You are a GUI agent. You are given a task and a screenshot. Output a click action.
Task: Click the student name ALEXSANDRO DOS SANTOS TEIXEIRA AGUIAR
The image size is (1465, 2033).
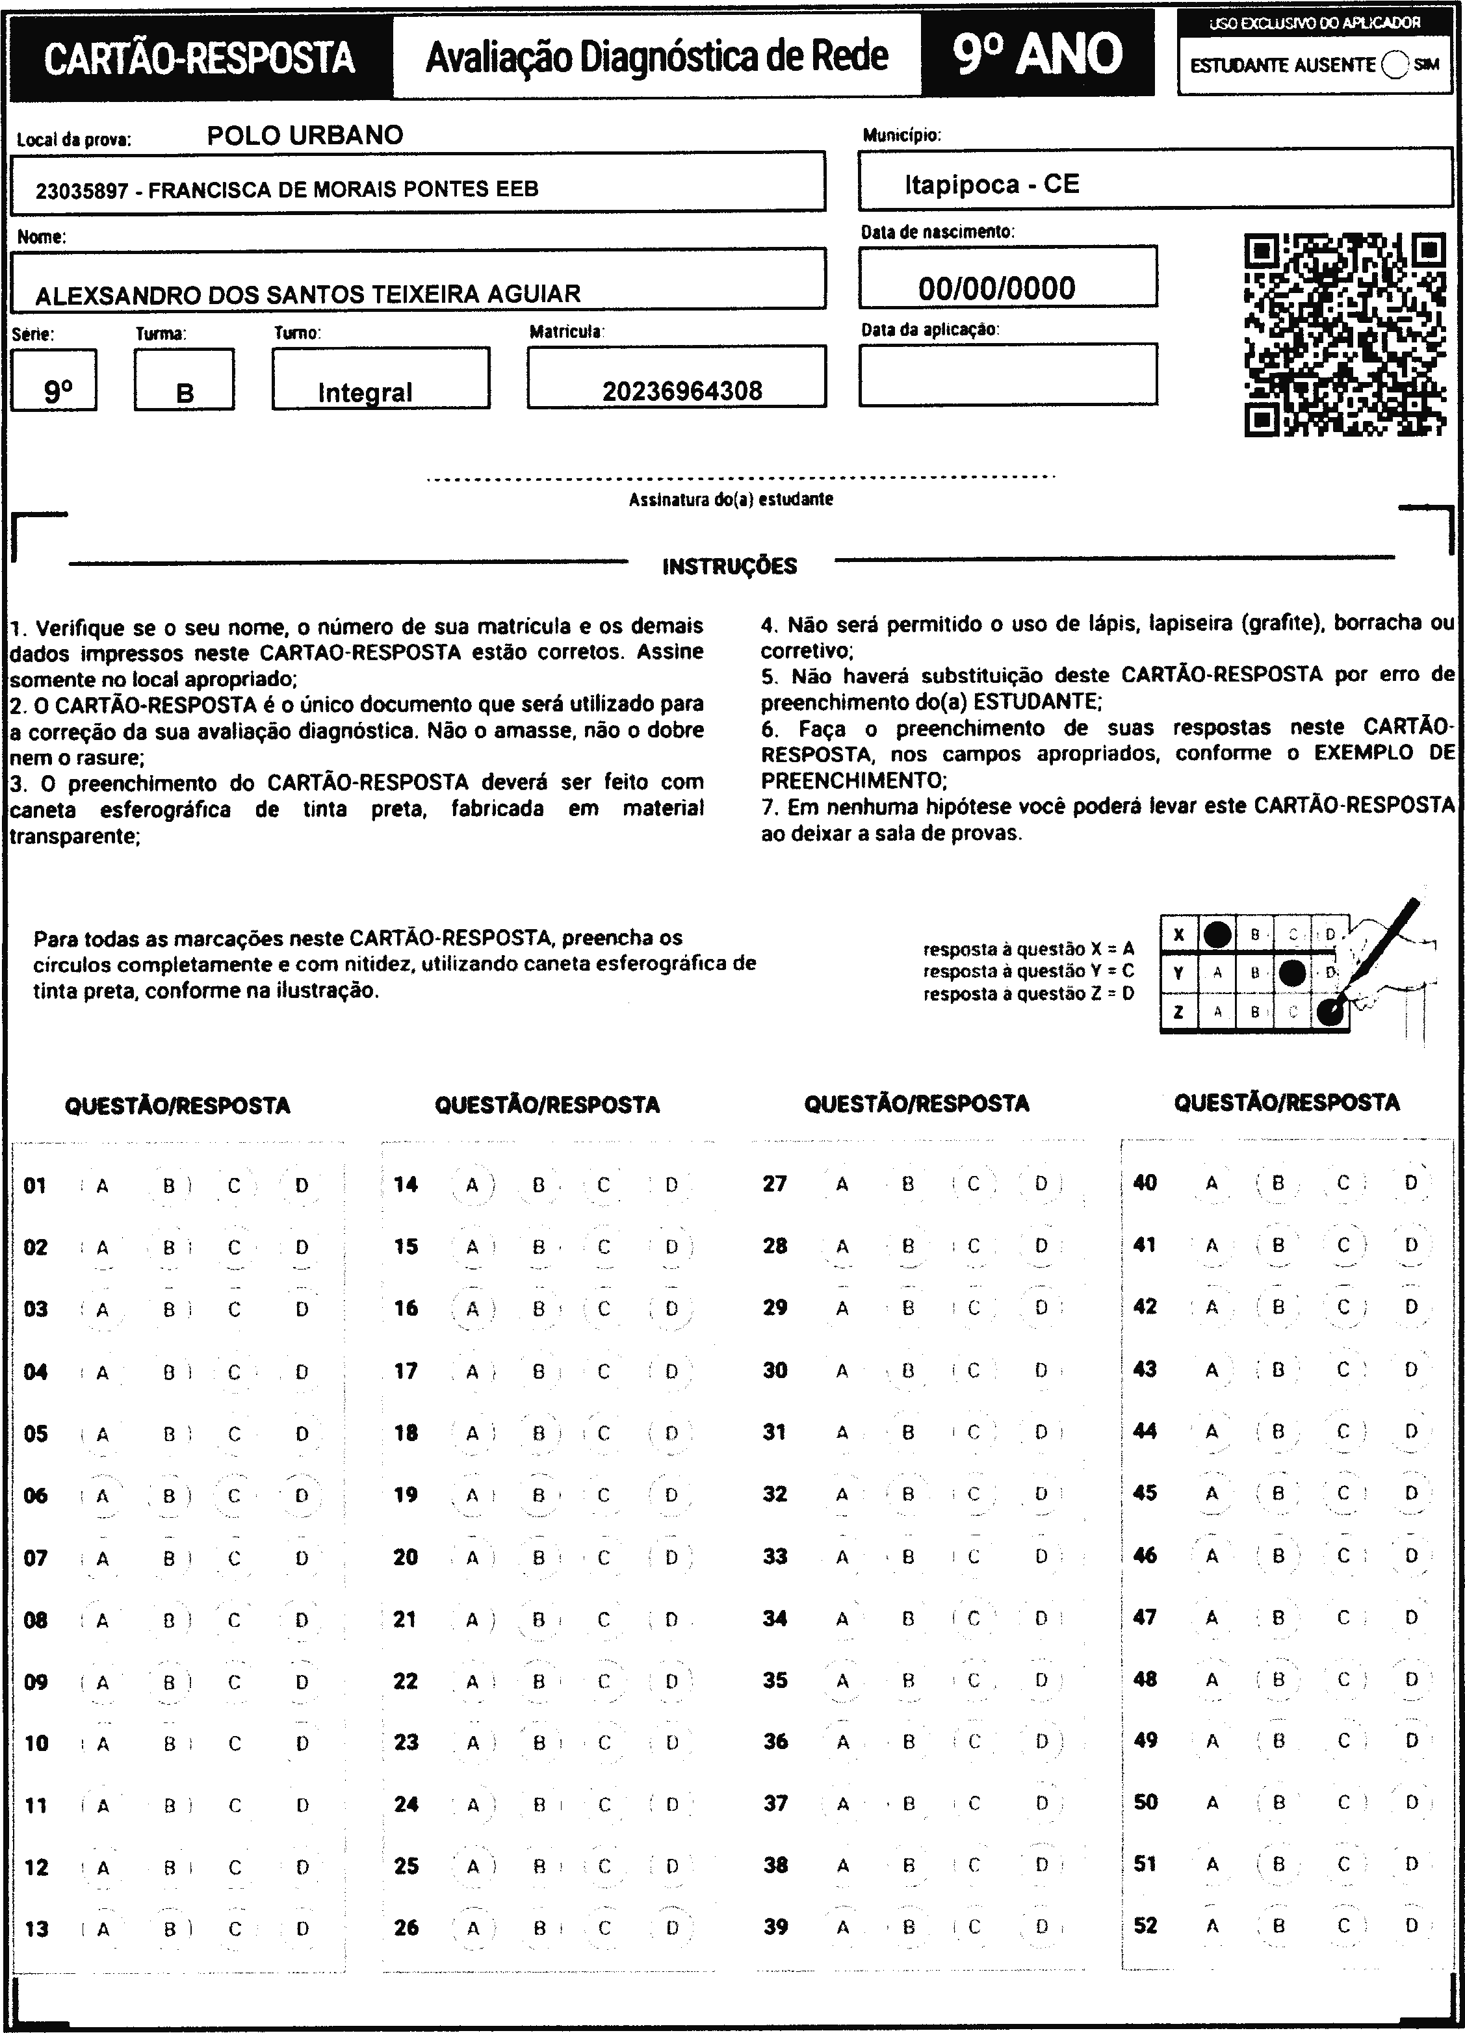pos(307,293)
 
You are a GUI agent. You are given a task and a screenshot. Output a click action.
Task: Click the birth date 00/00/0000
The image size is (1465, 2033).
pos(996,288)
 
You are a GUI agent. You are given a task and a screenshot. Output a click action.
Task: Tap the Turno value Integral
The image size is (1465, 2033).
pos(365,392)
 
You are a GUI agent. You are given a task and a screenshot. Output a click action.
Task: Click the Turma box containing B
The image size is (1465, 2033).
pos(185,392)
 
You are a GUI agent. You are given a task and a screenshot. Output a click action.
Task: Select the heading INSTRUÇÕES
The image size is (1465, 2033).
pos(729,566)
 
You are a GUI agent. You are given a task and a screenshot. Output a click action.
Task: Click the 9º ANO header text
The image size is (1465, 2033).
pos(1037,55)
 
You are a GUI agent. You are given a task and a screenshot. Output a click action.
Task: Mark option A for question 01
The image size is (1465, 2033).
pos(102,1185)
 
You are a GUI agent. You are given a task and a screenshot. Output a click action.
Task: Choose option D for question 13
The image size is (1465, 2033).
pos(302,1928)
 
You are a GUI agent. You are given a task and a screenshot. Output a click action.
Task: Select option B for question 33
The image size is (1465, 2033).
pos(907,1557)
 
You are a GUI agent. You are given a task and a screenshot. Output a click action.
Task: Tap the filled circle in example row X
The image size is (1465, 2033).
pos(1217,934)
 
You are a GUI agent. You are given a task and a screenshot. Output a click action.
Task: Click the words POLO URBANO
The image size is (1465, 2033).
pos(305,135)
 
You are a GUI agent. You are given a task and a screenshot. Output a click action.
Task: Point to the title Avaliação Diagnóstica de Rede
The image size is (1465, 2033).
pos(656,57)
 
